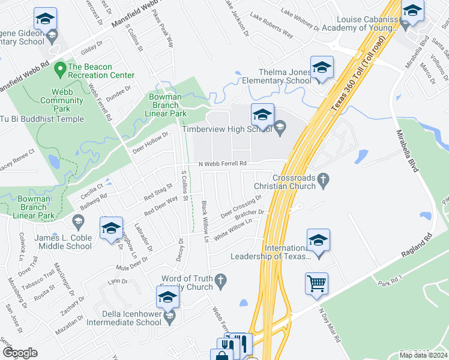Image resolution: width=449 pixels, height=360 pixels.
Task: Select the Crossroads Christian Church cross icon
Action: (324, 178)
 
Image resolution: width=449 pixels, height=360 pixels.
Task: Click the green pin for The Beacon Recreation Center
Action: (60, 70)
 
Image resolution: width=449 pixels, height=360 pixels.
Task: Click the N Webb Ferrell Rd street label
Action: (223, 163)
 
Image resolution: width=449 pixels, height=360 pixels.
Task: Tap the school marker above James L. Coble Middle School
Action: (111, 229)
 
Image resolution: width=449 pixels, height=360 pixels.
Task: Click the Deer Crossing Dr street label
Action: (241, 206)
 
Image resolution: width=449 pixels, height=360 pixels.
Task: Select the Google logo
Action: (20, 352)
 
